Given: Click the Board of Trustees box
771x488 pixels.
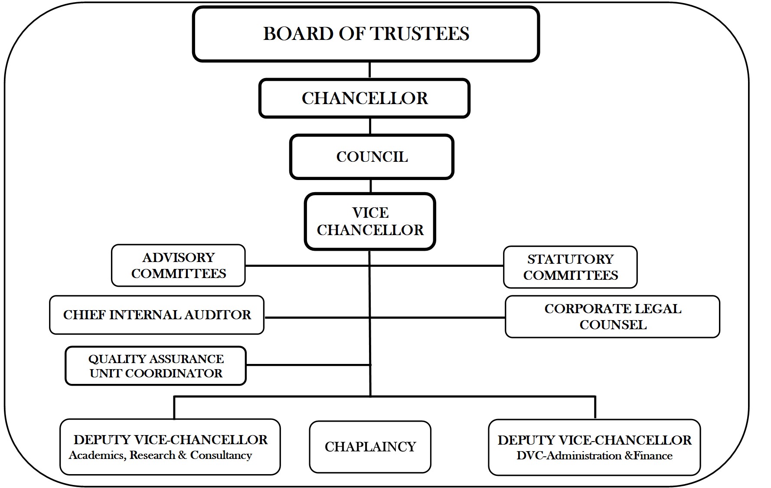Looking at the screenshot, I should pos(366,34).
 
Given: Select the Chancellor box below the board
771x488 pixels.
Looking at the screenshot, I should pos(364,98).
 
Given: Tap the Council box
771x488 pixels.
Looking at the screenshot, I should pos(372,157).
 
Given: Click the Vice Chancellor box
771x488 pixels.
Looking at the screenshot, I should pos(370,222).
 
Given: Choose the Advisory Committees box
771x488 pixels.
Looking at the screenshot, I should pos(178,265).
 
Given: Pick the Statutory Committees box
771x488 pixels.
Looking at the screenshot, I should pos(570,267).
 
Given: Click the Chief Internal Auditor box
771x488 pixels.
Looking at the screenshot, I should pos(157,315).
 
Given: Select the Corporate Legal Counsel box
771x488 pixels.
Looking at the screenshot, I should pos(612,317).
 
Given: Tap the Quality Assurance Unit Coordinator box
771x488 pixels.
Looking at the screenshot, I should pos(156,366).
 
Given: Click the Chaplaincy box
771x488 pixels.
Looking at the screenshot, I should pos(370,447).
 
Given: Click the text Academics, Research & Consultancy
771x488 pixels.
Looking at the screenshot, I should pos(160,455).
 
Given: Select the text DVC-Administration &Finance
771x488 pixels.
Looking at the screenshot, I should pos(594,456).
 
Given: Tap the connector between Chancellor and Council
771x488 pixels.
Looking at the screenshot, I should pos(370,126).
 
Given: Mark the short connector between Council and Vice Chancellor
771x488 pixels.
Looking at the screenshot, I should pos(371,186).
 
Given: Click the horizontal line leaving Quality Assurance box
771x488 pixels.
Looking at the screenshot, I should pos(308,365).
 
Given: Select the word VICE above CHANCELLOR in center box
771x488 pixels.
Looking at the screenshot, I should pos(370,213).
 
